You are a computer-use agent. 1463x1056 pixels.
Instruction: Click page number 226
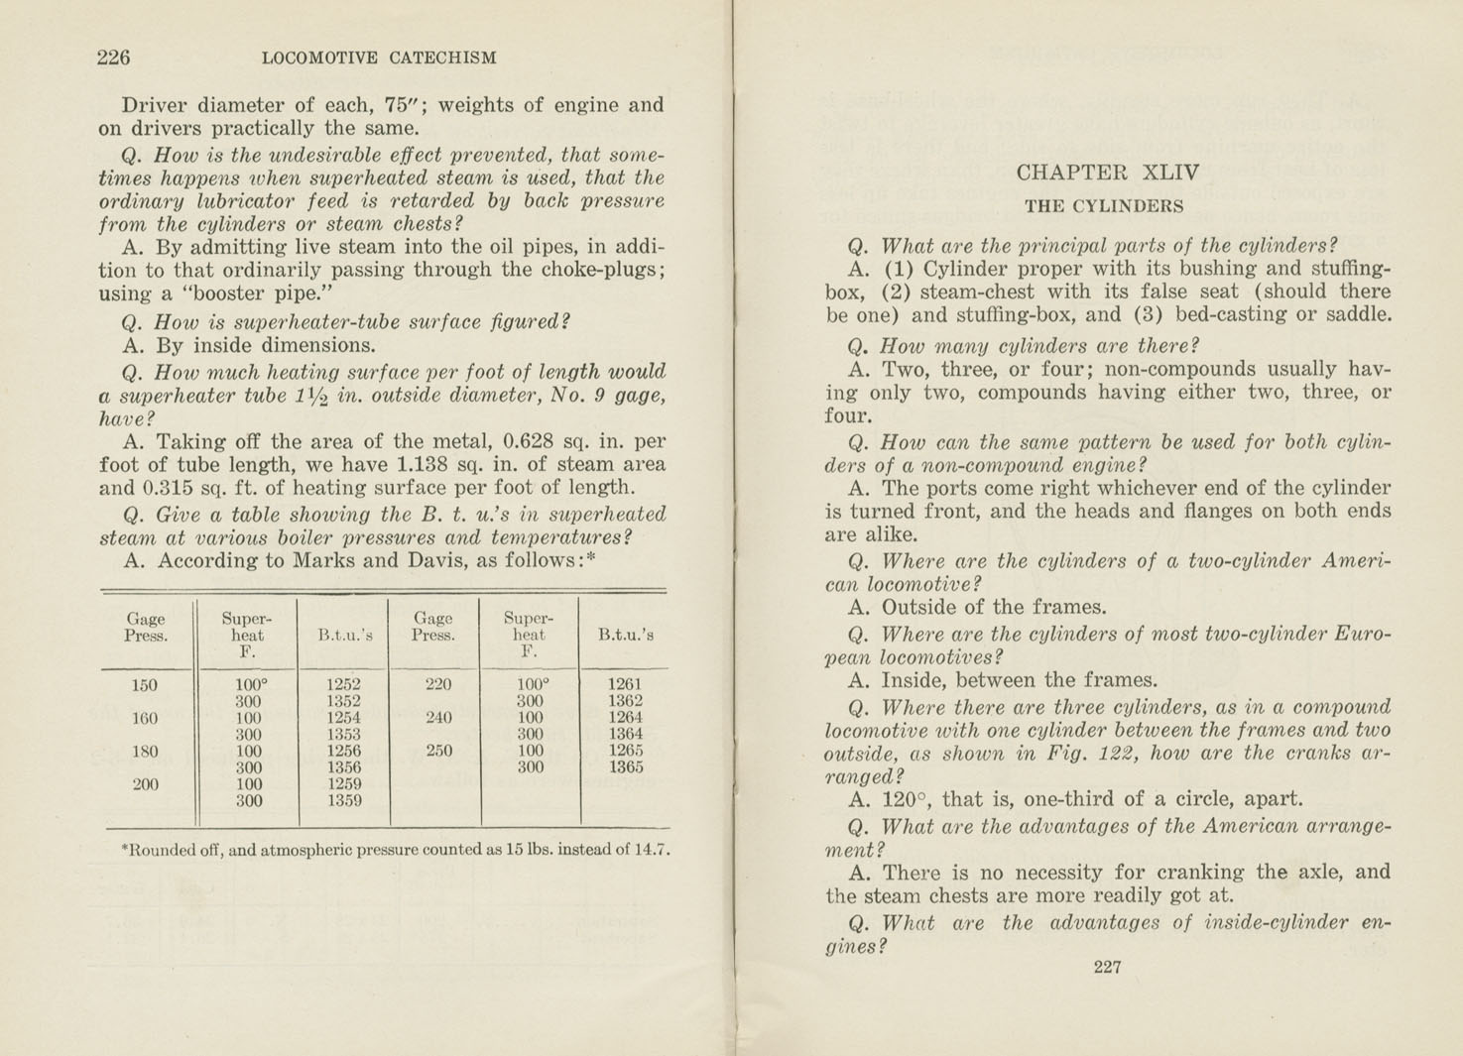pos(114,58)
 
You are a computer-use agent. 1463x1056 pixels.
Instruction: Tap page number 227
pos(1107,967)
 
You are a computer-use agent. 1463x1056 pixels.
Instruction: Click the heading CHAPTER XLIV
pos(1107,173)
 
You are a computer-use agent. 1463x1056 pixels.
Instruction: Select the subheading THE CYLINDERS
pos(1104,207)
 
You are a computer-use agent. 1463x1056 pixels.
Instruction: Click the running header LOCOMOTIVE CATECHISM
pos(379,59)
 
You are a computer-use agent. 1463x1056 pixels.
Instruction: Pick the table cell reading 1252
pos(343,684)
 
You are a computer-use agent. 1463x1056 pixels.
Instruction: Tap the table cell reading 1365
pos(625,766)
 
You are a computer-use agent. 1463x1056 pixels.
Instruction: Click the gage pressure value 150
pos(145,685)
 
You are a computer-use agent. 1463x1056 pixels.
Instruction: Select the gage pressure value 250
pos(439,751)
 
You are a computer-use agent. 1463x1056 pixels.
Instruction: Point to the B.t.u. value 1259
pos(343,783)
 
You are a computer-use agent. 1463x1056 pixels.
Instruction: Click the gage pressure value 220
pos(438,684)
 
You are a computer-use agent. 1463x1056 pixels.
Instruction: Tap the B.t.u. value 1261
pos(625,684)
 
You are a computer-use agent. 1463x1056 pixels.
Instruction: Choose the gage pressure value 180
pos(145,751)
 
